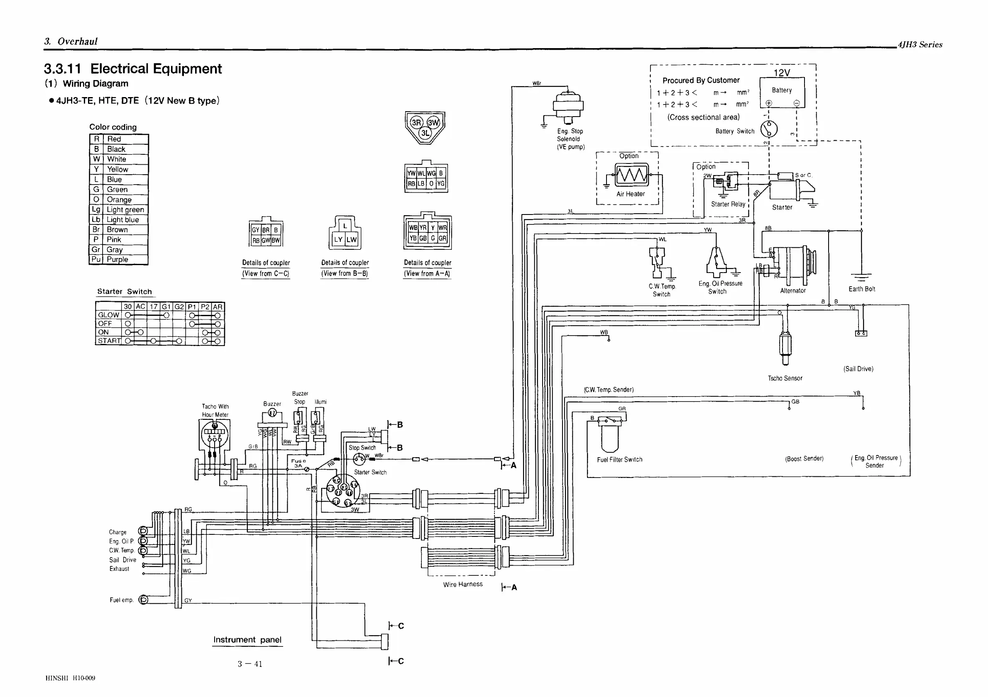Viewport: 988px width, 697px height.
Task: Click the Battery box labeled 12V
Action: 782,92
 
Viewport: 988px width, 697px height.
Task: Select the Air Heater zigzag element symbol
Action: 631,175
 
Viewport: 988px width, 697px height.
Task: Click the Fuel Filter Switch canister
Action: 610,436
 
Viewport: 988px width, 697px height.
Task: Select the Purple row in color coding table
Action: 119,260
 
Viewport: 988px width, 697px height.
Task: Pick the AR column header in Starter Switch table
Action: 218,307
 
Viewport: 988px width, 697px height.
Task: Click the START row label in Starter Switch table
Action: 109,341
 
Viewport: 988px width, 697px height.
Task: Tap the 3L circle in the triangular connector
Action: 425,133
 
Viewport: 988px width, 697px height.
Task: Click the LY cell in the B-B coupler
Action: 338,240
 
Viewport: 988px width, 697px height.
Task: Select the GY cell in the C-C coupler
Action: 256,230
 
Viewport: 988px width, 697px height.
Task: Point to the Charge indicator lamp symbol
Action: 143,531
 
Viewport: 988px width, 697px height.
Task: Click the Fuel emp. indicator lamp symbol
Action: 144,600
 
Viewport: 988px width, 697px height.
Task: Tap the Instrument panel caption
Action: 247,640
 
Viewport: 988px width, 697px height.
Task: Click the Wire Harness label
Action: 462,584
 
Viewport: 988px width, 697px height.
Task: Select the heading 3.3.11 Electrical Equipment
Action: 133,69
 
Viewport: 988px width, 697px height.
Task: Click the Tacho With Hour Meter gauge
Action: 214,434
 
